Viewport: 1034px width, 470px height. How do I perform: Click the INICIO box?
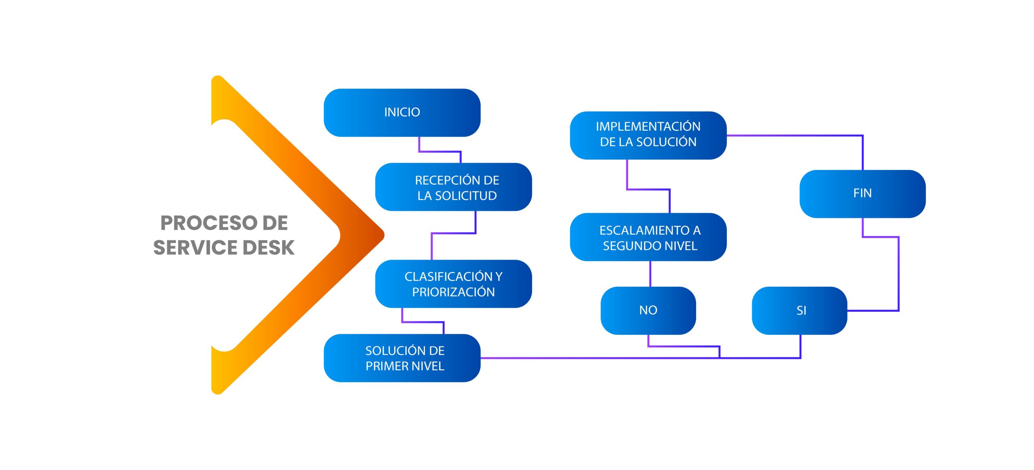(x=402, y=112)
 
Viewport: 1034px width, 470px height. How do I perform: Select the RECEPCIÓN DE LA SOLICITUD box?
(x=453, y=187)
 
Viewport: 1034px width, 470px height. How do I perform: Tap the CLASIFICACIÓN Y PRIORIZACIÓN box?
(x=453, y=284)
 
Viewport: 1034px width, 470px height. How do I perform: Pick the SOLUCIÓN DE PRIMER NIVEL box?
(x=402, y=358)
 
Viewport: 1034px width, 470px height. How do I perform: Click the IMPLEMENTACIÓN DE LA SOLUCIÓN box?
(x=648, y=135)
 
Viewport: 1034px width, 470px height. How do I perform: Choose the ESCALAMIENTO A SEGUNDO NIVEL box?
(x=648, y=237)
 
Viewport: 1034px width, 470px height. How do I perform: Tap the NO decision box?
(x=648, y=310)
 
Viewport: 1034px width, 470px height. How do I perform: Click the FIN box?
(x=862, y=194)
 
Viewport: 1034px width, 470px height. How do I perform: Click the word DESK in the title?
(x=269, y=248)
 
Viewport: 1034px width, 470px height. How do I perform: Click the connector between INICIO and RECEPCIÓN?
(x=439, y=151)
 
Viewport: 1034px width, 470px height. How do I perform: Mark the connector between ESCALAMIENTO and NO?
(x=650, y=274)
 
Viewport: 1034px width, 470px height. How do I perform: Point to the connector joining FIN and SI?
(x=898, y=275)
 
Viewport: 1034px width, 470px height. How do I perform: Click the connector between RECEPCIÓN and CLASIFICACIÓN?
(x=453, y=233)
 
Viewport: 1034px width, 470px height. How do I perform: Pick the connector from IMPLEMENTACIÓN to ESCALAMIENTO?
(x=648, y=189)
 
